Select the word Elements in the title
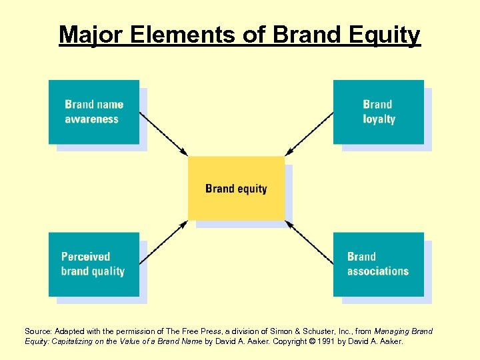tap(172, 35)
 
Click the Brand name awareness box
tap(94, 112)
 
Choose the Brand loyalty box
tap(378, 112)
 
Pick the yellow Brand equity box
tap(236, 189)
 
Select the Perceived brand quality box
tap(94, 264)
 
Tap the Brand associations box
tap(378, 264)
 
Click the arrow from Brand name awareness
tap(164, 133)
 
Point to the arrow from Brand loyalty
tap(309, 133)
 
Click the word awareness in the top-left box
tap(92, 120)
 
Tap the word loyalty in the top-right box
tap(379, 120)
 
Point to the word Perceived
tap(85, 257)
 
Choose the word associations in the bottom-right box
tap(378, 271)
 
